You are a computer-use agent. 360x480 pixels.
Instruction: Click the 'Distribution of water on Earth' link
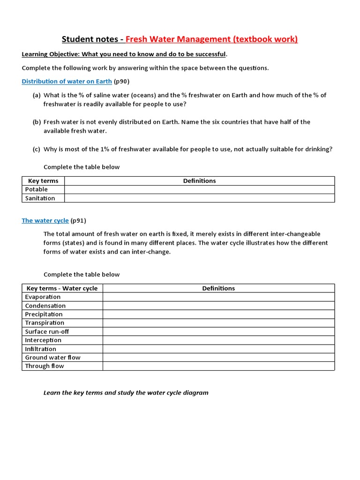pyautogui.click(x=67, y=81)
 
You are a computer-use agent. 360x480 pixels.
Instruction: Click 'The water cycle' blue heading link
pyautogui.click(x=45, y=220)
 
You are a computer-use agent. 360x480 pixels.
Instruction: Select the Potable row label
pyautogui.click(x=37, y=189)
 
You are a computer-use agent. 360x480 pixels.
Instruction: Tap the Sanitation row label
pyautogui.click(x=40, y=198)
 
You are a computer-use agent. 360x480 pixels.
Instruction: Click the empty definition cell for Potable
pyautogui.click(x=199, y=189)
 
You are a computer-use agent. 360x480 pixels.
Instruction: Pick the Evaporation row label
pyautogui.click(x=43, y=297)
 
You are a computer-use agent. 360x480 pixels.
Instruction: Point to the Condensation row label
pyautogui.click(x=45, y=306)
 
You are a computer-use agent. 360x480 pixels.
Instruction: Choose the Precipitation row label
pyautogui.click(x=44, y=314)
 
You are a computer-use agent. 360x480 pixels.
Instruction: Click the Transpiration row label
pyautogui.click(x=45, y=322)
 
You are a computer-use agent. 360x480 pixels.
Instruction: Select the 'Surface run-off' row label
pyautogui.click(x=47, y=331)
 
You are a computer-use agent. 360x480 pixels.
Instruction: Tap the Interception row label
pyautogui.click(x=43, y=340)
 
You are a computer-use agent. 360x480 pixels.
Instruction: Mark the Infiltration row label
pyautogui.click(x=40, y=349)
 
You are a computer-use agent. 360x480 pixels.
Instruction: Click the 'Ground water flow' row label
pyautogui.click(x=52, y=357)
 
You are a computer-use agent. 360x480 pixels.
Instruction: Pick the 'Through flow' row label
pyautogui.click(x=45, y=366)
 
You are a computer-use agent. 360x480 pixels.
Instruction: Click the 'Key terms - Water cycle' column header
pyautogui.click(x=62, y=288)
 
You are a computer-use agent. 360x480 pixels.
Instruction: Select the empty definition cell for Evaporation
pyautogui.click(x=218, y=297)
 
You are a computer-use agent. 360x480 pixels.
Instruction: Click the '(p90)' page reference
pyautogui.click(x=121, y=81)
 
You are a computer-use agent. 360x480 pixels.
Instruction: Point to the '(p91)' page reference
pyautogui.click(x=78, y=220)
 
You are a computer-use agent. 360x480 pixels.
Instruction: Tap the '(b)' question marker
pyautogui.click(x=37, y=122)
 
